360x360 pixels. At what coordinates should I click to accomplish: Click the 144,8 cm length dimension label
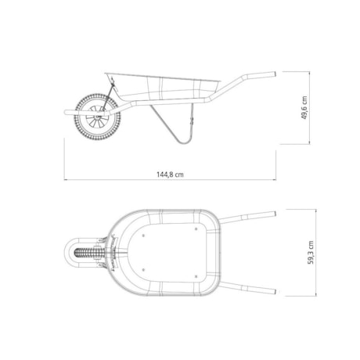click(170, 174)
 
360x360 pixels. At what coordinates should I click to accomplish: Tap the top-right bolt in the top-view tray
click(196, 230)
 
